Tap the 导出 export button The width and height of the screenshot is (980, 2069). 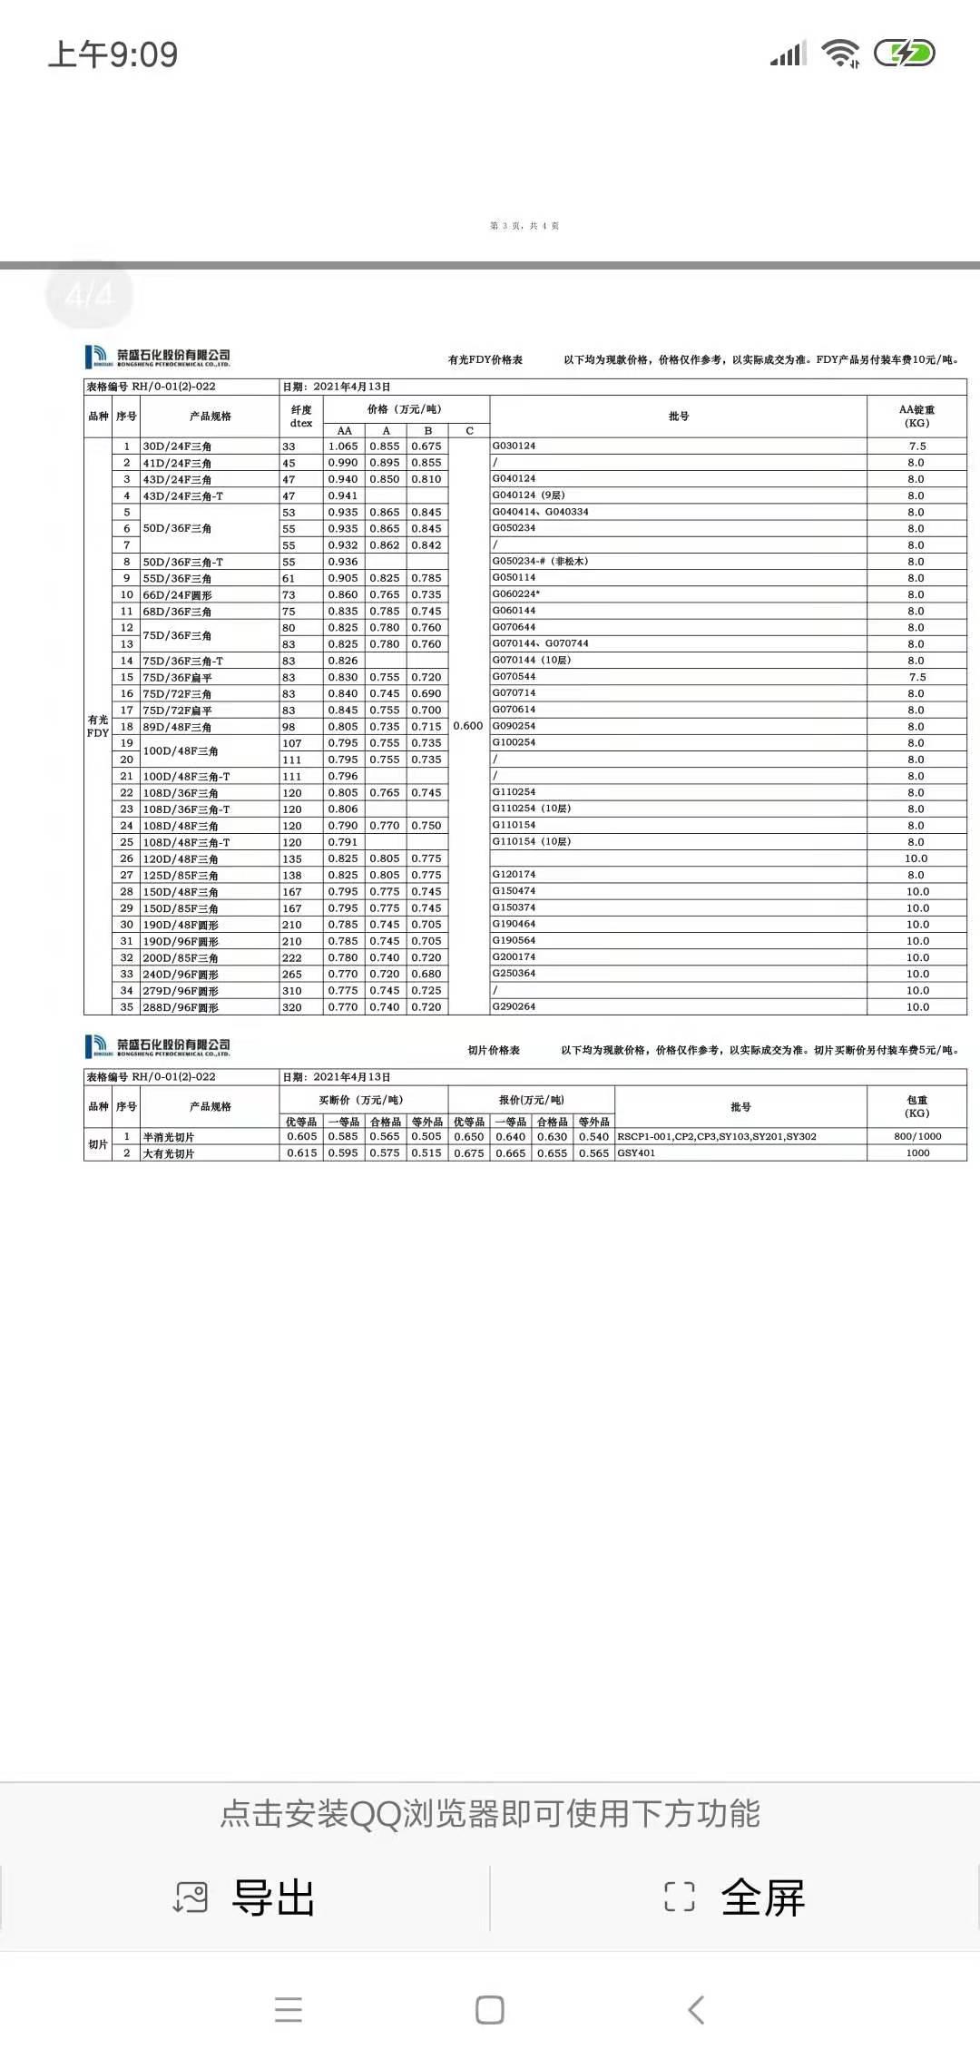(x=245, y=1897)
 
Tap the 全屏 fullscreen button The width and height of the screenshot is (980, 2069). (x=735, y=1897)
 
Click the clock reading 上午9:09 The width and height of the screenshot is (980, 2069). (x=113, y=54)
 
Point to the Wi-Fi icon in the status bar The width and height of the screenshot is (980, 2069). (x=840, y=54)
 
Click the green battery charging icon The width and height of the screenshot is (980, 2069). (x=904, y=54)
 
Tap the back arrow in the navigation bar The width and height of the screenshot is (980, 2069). (x=696, y=2010)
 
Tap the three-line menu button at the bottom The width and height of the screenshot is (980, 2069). (x=289, y=2010)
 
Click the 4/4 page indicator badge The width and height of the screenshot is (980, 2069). (x=89, y=294)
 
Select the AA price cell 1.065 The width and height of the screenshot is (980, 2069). (x=343, y=446)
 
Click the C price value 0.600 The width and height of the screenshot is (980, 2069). (x=468, y=726)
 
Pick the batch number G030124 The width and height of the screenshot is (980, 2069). (x=514, y=446)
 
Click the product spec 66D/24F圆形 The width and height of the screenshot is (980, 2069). (x=177, y=595)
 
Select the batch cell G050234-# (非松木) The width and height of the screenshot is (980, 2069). (x=540, y=561)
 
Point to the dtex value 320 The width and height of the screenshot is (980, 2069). (x=292, y=1007)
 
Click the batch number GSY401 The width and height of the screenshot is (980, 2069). (x=636, y=1152)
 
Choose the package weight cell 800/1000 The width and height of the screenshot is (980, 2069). (x=917, y=1136)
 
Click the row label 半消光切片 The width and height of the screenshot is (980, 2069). (x=169, y=1137)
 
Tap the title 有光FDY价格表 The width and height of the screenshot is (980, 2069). (x=485, y=360)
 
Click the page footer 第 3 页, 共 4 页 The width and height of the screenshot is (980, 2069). (x=524, y=226)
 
